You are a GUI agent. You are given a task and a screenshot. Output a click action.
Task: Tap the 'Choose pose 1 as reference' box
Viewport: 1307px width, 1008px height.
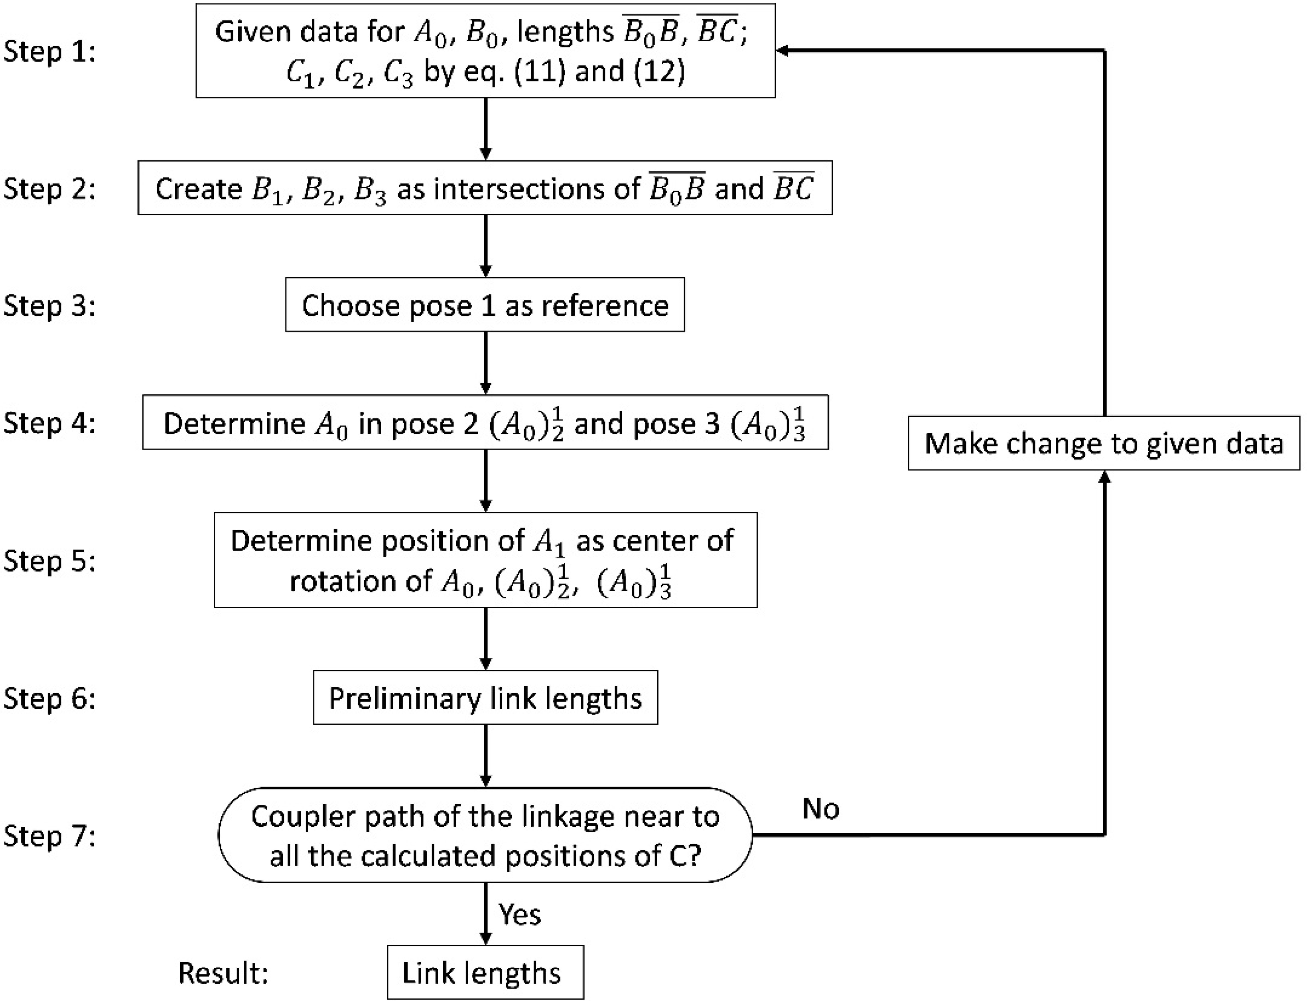pyautogui.click(x=485, y=305)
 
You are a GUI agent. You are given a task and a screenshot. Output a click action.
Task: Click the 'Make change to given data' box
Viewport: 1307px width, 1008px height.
pyautogui.click(x=1104, y=444)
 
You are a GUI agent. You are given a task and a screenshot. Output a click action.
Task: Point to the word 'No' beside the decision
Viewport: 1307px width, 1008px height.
pyautogui.click(x=820, y=809)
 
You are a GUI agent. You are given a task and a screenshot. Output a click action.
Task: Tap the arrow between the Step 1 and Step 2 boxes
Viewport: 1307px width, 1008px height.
pyautogui.click(x=485, y=129)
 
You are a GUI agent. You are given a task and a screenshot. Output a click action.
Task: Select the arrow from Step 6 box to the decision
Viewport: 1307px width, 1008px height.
pyautogui.click(x=485, y=756)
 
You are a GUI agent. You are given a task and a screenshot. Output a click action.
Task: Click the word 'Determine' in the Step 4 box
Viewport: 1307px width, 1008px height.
pyautogui.click(x=235, y=424)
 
